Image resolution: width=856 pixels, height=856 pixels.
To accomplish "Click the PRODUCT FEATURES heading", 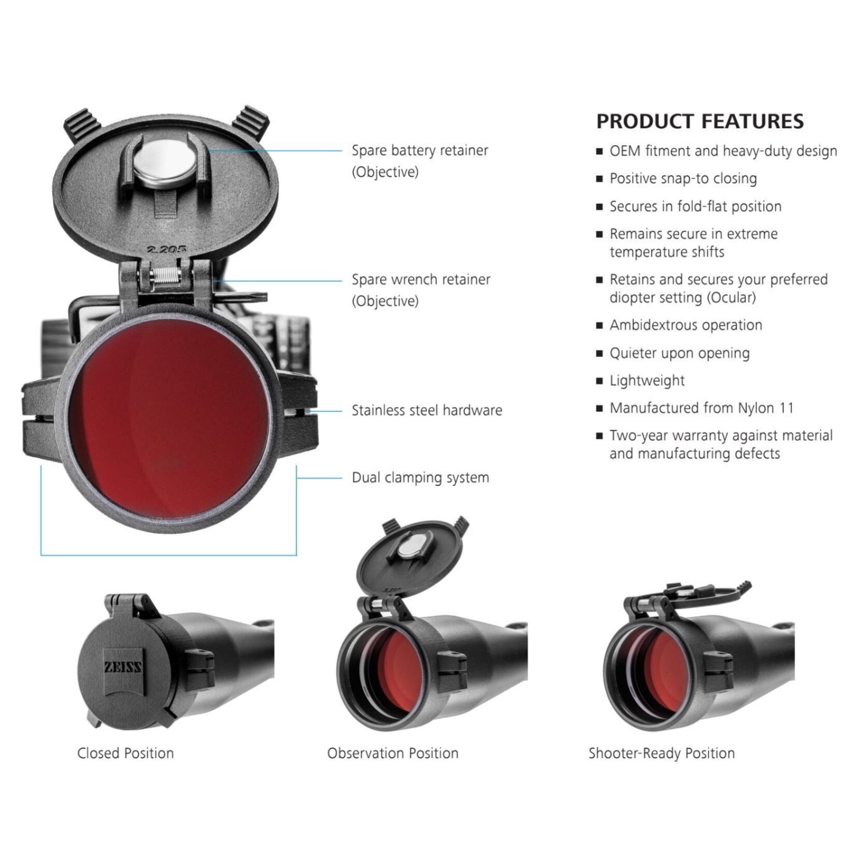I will pos(700,121).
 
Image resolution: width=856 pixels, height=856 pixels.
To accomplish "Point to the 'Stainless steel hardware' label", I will pos(427,410).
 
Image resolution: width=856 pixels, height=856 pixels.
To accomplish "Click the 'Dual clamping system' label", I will pos(420,478).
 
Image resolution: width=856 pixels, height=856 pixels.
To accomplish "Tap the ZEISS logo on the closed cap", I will pos(123,667).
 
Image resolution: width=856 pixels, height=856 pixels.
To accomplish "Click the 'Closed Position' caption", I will pos(125,753).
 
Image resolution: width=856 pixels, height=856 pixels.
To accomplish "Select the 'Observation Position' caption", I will pos(393,753).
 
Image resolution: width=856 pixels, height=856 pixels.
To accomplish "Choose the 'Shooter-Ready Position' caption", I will pos(661,753).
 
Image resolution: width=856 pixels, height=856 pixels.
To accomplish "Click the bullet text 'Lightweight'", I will pos(647,381).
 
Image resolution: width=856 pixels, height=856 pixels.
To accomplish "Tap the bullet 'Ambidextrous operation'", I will pos(686,325).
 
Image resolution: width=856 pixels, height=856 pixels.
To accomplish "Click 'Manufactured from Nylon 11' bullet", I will pos(701,408).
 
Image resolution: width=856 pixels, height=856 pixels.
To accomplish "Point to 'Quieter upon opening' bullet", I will pos(679,353).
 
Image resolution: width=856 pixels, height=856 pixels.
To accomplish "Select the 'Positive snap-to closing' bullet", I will pos(683,179).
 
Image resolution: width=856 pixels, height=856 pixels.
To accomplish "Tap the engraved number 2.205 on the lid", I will pos(166,249).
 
